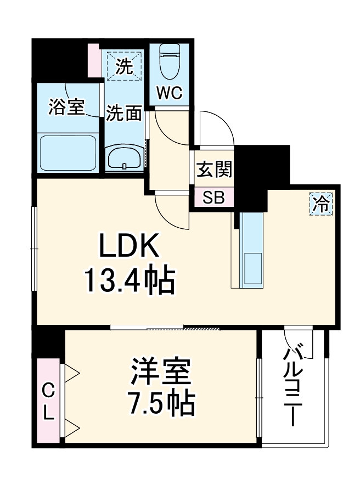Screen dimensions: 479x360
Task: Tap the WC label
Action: (170, 94)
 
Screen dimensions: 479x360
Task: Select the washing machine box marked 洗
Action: (125, 67)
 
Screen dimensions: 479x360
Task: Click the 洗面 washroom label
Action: (124, 113)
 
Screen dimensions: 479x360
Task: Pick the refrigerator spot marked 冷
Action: (321, 204)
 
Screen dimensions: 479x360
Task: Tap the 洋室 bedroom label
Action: (161, 374)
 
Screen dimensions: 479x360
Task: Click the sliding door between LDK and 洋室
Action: (165, 329)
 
